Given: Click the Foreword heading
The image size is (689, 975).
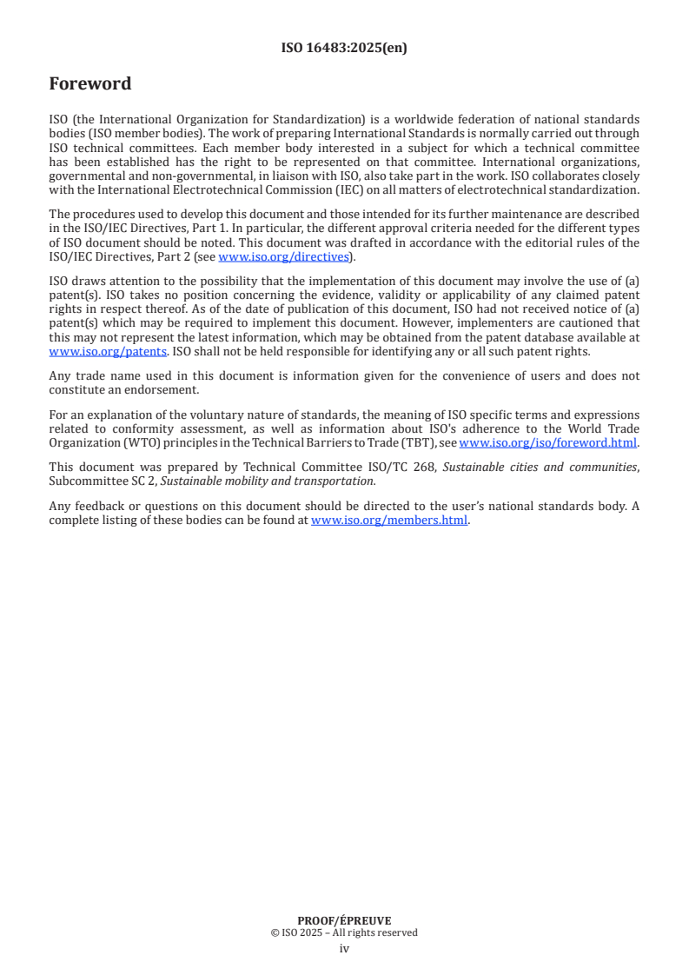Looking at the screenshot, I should tap(90, 84).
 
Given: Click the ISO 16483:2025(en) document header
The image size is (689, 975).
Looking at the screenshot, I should tap(344, 49).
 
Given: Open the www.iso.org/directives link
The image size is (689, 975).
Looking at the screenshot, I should tap(283, 256).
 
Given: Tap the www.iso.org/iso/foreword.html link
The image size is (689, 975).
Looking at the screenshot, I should tap(548, 443).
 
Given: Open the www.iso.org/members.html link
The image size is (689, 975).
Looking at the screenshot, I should tap(389, 521).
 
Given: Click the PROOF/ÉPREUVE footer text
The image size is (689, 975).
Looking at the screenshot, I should tap(344, 921).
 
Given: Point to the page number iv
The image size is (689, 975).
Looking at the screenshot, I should tap(344, 949).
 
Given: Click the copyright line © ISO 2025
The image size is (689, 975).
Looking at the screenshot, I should tap(344, 933).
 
